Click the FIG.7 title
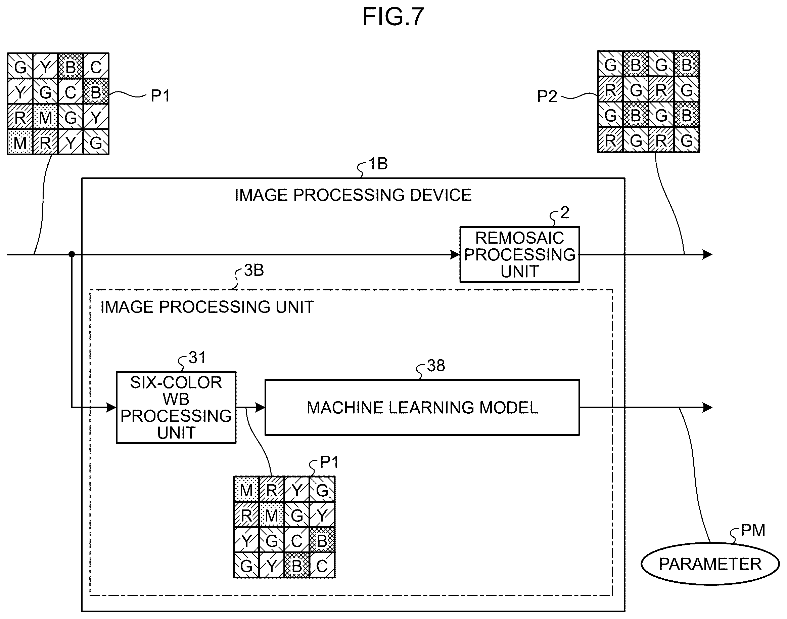393,17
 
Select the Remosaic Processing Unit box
519,254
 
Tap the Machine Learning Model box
422,407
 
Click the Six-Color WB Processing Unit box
176,407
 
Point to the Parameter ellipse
710,564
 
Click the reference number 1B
378,164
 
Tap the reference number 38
436,366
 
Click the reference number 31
197,358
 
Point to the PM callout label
753,531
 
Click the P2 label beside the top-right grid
547,96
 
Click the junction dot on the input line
72,254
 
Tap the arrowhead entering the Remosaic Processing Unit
455,254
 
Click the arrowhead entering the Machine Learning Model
260,407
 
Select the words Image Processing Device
353,195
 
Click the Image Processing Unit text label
207,307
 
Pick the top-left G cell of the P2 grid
610,65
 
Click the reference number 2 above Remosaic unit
565,213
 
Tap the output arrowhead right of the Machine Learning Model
707,407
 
